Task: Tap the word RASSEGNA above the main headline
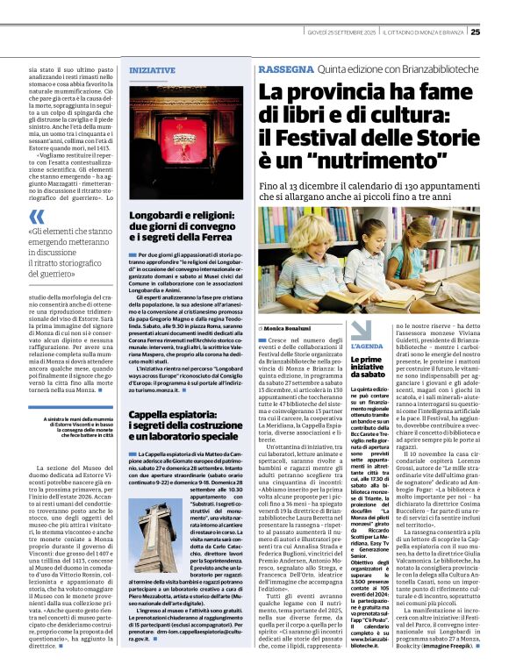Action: (x=285, y=68)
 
